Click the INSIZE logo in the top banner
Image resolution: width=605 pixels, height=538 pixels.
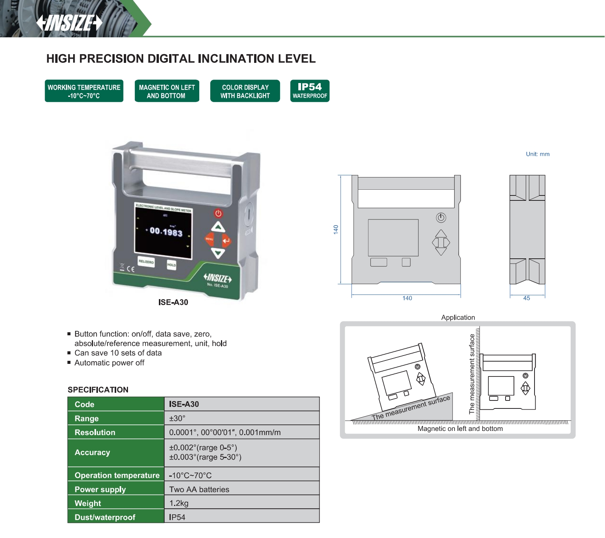69,22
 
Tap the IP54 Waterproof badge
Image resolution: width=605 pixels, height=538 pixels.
310,91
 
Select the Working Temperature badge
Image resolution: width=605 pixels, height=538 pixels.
84,91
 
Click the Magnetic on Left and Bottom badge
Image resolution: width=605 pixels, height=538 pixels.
166,91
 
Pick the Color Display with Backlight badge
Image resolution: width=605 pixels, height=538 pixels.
245,91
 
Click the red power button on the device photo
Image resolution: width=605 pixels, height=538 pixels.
218,213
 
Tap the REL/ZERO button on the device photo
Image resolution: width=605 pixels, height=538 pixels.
146,262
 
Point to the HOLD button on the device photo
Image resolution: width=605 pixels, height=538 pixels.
171,264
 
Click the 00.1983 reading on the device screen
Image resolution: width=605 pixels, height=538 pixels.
166,231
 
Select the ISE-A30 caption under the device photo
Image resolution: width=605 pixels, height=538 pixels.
173,302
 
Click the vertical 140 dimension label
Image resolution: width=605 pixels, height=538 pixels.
336,229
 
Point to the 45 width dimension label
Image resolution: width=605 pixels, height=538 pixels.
527,298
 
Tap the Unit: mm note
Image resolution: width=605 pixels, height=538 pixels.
538,154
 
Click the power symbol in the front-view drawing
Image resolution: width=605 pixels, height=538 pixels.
441,218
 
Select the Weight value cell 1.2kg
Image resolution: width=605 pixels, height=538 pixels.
179,503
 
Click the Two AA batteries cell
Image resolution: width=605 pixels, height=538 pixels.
199,489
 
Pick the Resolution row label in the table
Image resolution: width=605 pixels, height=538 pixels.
95,432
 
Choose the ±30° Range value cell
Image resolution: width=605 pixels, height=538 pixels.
177,418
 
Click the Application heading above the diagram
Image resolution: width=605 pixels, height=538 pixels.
458,317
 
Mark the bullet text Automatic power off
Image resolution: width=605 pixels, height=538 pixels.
109,363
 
